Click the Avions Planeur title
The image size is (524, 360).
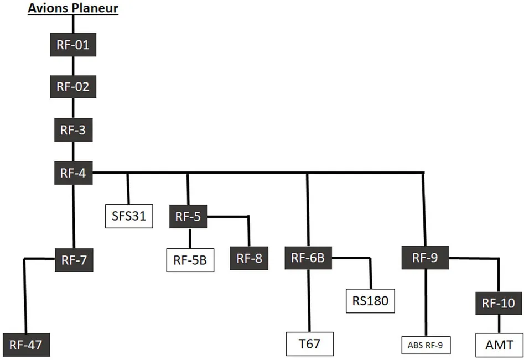click(x=73, y=8)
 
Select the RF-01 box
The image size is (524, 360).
click(x=73, y=44)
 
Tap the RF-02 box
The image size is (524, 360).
click(x=73, y=87)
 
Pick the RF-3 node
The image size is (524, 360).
click(x=73, y=131)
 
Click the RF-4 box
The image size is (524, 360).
click(x=73, y=173)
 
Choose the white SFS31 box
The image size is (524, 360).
click(x=128, y=216)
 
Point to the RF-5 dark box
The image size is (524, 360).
click(x=188, y=216)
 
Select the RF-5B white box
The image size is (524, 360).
click(x=190, y=259)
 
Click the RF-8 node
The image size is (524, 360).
click(x=248, y=259)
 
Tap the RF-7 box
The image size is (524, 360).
click(x=74, y=259)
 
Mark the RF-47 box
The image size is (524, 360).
click(x=26, y=346)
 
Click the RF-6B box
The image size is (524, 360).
click(x=308, y=258)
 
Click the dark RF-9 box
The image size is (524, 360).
click(x=425, y=258)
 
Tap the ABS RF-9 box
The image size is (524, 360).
click(x=426, y=346)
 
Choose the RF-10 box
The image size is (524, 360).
click(x=498, y=302)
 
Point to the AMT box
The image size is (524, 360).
click(x=498, y=345)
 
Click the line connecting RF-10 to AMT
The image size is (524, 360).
click(x=498, y=324)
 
